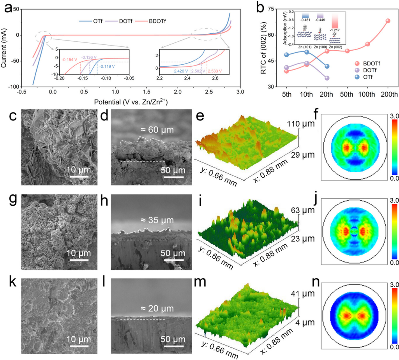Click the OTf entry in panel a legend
coord(89,21)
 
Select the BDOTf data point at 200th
coord(388,21)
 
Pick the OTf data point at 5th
coord(287,55)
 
